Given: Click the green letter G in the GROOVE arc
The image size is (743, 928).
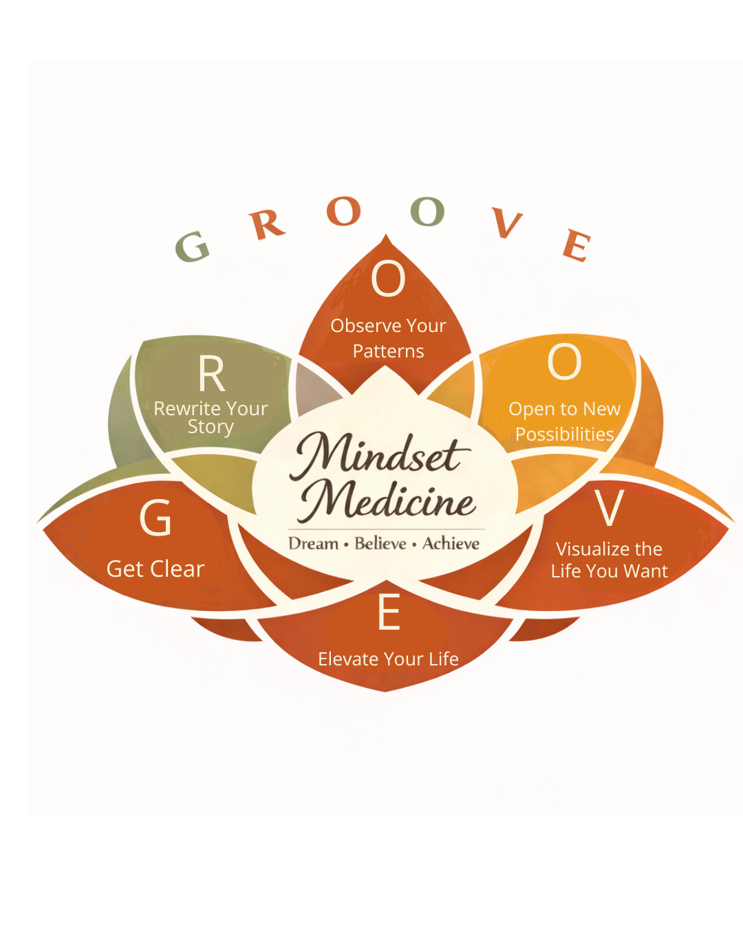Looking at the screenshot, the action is coord(192,246).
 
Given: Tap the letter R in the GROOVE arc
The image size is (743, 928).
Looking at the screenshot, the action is coord(267,223).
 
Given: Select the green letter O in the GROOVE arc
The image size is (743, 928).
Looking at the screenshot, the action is coord(427,211).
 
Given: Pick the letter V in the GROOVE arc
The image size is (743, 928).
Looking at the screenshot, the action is coord(507,223).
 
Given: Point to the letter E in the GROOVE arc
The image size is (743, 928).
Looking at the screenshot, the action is coord(577,245).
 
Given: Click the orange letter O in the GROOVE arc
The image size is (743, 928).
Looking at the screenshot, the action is coord(344,211).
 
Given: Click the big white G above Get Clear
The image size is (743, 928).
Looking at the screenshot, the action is coord(155,518).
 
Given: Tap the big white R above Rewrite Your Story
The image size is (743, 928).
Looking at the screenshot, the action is coord(211,375).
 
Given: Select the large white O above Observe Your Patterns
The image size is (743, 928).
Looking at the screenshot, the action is coord(388,279).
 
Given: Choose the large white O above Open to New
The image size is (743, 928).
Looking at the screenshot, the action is coord(564,362).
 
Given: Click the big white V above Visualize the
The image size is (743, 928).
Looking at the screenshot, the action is coord(610,509).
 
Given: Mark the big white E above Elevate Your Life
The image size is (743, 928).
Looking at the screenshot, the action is coord(389,612).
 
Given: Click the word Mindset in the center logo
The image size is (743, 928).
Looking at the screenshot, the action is coord(380,456).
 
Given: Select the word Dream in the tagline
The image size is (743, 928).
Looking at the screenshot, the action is coord(313,544).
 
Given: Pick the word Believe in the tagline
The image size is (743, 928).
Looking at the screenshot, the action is coord(380,544).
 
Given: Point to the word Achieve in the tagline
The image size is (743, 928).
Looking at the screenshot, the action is coord(451,544).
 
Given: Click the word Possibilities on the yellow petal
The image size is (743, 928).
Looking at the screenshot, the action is coord(564,434).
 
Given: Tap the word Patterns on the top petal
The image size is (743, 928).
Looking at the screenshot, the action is coord(388,351).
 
